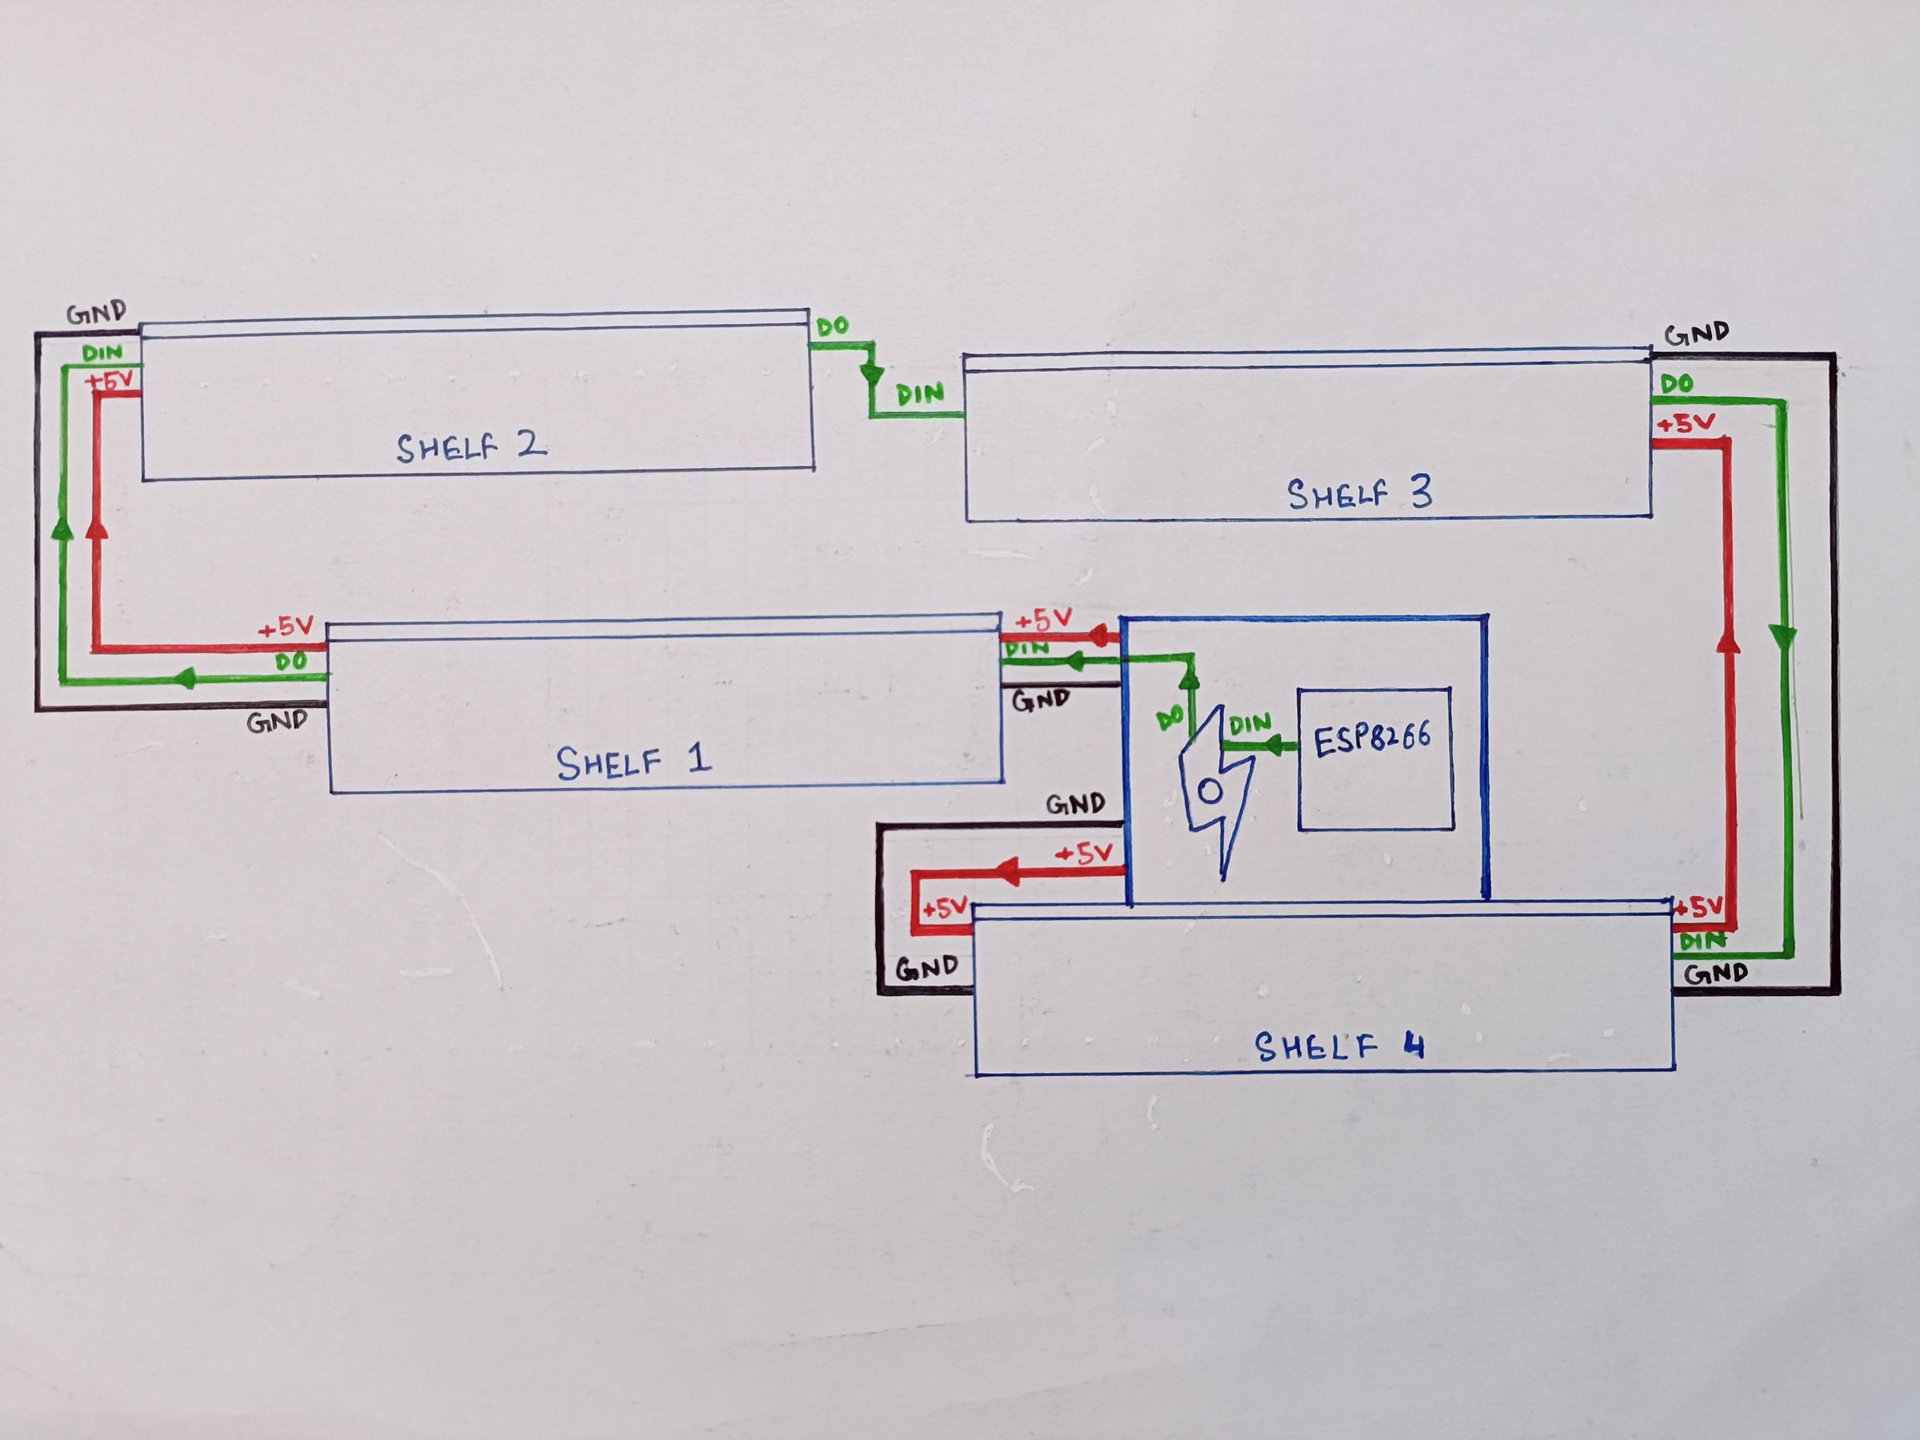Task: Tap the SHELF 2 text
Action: click(x=471, y=447)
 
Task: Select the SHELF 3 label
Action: click(x=1359, y=494)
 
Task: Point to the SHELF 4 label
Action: click(x=1338, y=1046)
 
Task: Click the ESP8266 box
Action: click(x=1375, y=758)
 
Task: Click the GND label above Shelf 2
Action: click(x=96, y=312)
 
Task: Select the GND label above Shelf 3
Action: click(x=1696, y=334)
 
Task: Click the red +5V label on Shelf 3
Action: click(x=1686, y=425)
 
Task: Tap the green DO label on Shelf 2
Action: click(x=833, y=326)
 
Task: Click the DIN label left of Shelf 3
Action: click(x=920, y=395)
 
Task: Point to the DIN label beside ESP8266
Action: click(x=1250, y=723)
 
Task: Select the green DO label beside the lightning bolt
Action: click(x=1170, y=717)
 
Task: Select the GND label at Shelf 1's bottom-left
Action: click(x=277, y=721)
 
